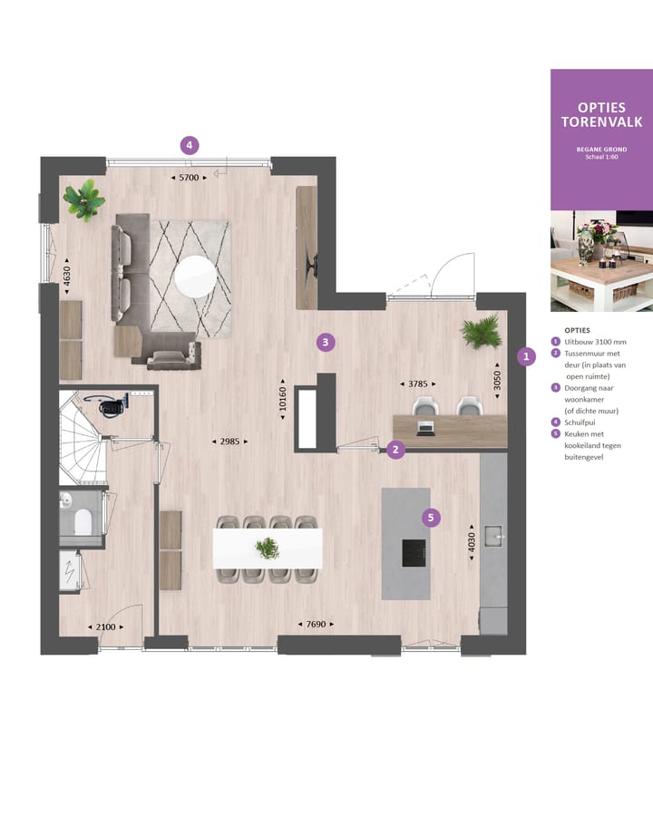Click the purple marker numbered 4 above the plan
[x=189, y=145]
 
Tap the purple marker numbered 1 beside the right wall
[x=526, y=357]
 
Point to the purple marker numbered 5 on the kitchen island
[x=432, y=518]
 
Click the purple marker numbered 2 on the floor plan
[x=395, y=450]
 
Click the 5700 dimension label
[x=189, y=178]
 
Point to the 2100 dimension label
[x=105, y=627]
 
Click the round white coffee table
[x=196, y=277]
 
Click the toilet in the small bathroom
[x=82, y=521]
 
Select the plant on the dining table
[x=268, y=548]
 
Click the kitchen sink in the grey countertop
[x=493, y=537]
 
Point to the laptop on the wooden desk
[x=425, y=425]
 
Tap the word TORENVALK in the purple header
[x=601, y=121]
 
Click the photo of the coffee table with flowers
[x=601, y=261]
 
